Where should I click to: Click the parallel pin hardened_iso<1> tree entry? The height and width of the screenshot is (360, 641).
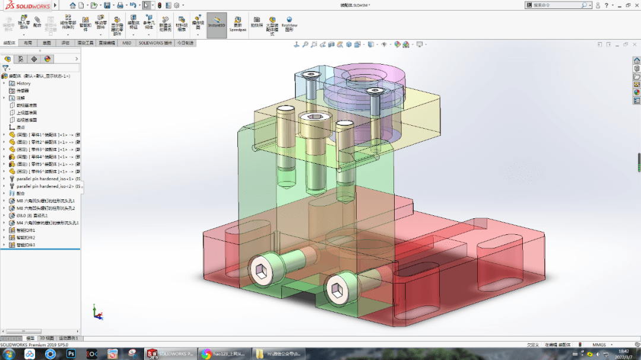coord(44,179)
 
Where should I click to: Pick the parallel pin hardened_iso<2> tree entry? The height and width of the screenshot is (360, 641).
coord(44,186)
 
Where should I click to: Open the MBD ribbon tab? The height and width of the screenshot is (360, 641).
coord(127,43)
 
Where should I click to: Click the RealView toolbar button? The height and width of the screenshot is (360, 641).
coord(289,24)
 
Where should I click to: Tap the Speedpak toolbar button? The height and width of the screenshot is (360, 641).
coord(238,24)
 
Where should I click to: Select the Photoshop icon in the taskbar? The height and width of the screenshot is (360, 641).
coord(71,353)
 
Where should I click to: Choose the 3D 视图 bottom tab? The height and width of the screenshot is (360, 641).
coord(47,338)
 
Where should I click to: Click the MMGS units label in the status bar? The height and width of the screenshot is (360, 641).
coord(599,345)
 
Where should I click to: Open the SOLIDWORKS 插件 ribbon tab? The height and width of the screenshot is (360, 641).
coord(155,43)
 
